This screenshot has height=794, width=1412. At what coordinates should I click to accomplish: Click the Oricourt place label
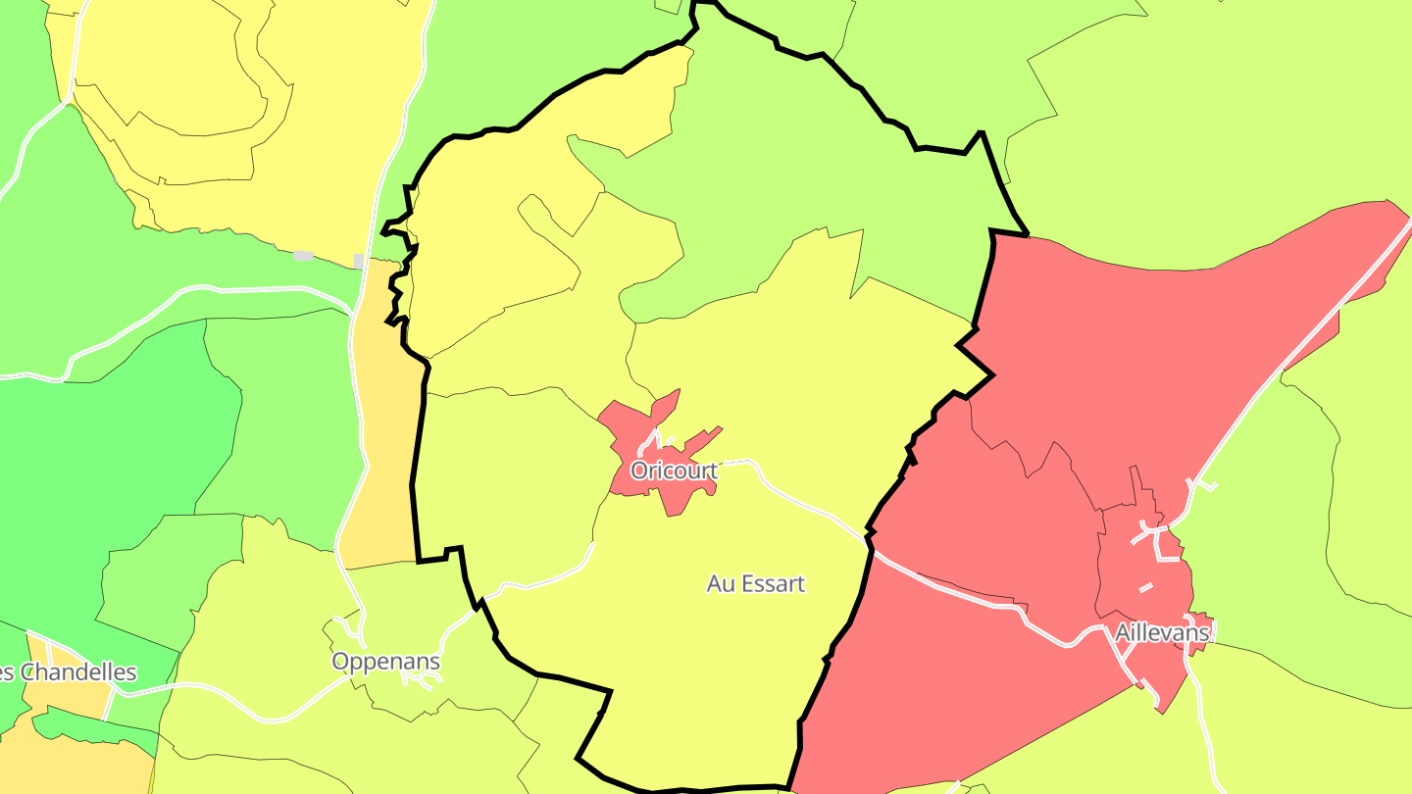pyautogui.click(x=674, y=471)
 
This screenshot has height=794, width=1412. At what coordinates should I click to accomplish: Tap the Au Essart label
pyautogui.click(x=755, y=584)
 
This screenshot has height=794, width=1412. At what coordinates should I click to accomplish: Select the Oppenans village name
pyautogui.click(x=385, y=662)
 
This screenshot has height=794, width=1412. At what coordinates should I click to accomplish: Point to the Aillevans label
pyautogui.click(x=1162, y=633)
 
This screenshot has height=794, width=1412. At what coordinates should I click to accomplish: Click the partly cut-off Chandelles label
pyautogui.click(x=69, y=672)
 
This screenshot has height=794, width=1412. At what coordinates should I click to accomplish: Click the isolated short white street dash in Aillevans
pyautogui.click(x=1145, y=588)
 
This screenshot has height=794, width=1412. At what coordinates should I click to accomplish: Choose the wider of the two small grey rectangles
pyautogui.click(x=303, y=256)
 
